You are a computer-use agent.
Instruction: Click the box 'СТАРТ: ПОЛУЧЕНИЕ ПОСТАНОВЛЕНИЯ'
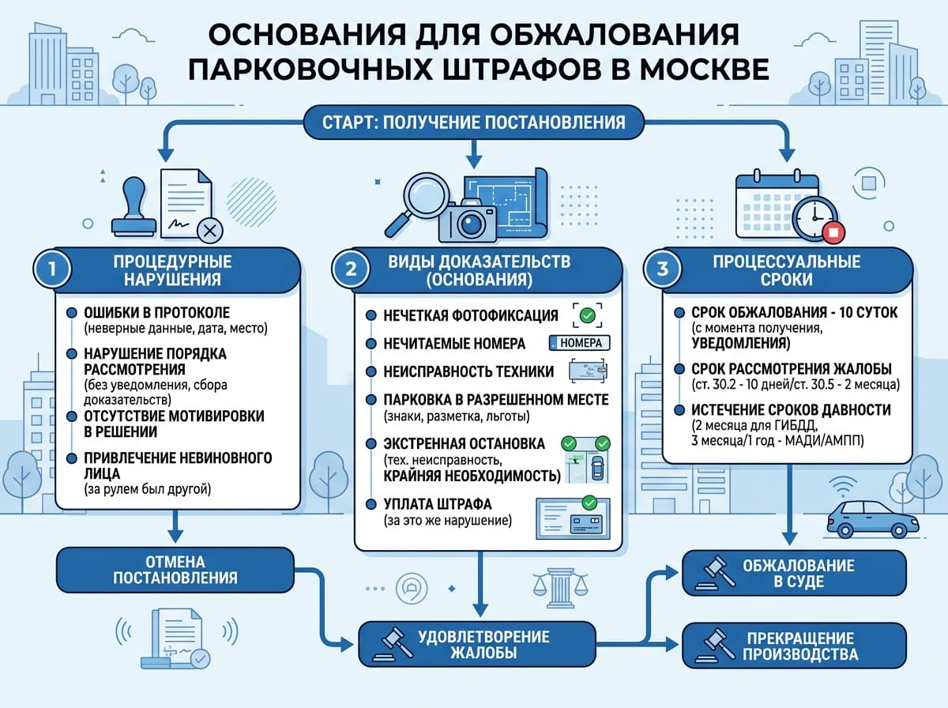pos(474,122)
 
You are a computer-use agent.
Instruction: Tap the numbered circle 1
pos(52,269)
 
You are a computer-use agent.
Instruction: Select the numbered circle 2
pos(350,269)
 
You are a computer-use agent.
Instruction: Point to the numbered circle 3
pos(662,269)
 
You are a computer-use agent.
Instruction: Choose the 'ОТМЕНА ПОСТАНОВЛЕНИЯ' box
pos(175,570)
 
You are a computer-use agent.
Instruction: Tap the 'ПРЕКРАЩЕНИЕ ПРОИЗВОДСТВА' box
pos(794,646)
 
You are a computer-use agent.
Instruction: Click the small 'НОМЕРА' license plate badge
pos(580,343)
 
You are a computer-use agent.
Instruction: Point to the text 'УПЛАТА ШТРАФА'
pos(437,503)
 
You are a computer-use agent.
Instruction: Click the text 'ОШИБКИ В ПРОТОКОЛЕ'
pos(156,312)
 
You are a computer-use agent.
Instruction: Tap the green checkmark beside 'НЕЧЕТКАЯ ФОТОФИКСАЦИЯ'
pos(587,315)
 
